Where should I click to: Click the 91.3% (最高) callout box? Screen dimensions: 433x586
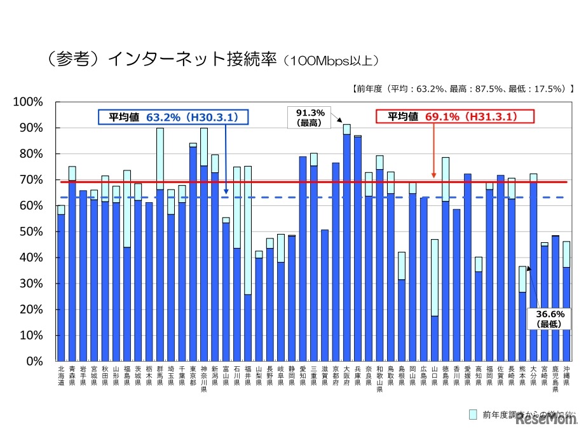310,118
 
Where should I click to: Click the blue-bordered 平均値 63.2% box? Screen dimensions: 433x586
172,117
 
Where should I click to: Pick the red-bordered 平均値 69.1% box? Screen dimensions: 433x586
456,117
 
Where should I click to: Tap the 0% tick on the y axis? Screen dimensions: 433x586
36,361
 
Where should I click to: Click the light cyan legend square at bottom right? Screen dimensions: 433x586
473,415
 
